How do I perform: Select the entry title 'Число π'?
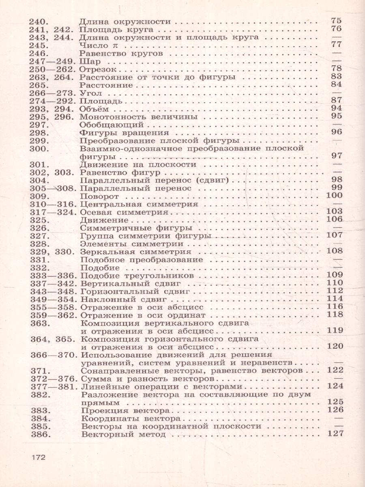click(x=94, y=45)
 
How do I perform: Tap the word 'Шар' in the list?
click(x=88, y=61)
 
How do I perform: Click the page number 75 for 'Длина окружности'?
click(x=336, y=21)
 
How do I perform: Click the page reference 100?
click(x=335, y=196)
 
